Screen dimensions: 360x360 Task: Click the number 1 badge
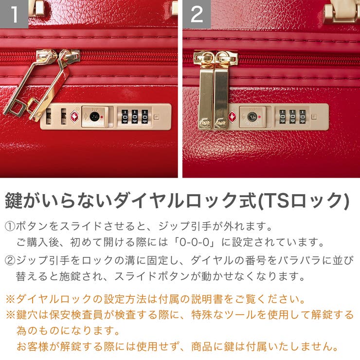pyautogui.click(x=14, y=14)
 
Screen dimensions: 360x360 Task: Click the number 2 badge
pyautogui.click(x=197, y=14)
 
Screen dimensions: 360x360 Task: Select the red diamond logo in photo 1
pyautogui.click(x=74, y=117)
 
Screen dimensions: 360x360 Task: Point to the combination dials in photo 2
pyautogui.click(x=292, y=117)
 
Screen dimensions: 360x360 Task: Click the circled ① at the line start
pyautogui.click(x=11, y=227)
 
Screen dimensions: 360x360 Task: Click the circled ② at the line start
pyautogui.click(x=11, y=261)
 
